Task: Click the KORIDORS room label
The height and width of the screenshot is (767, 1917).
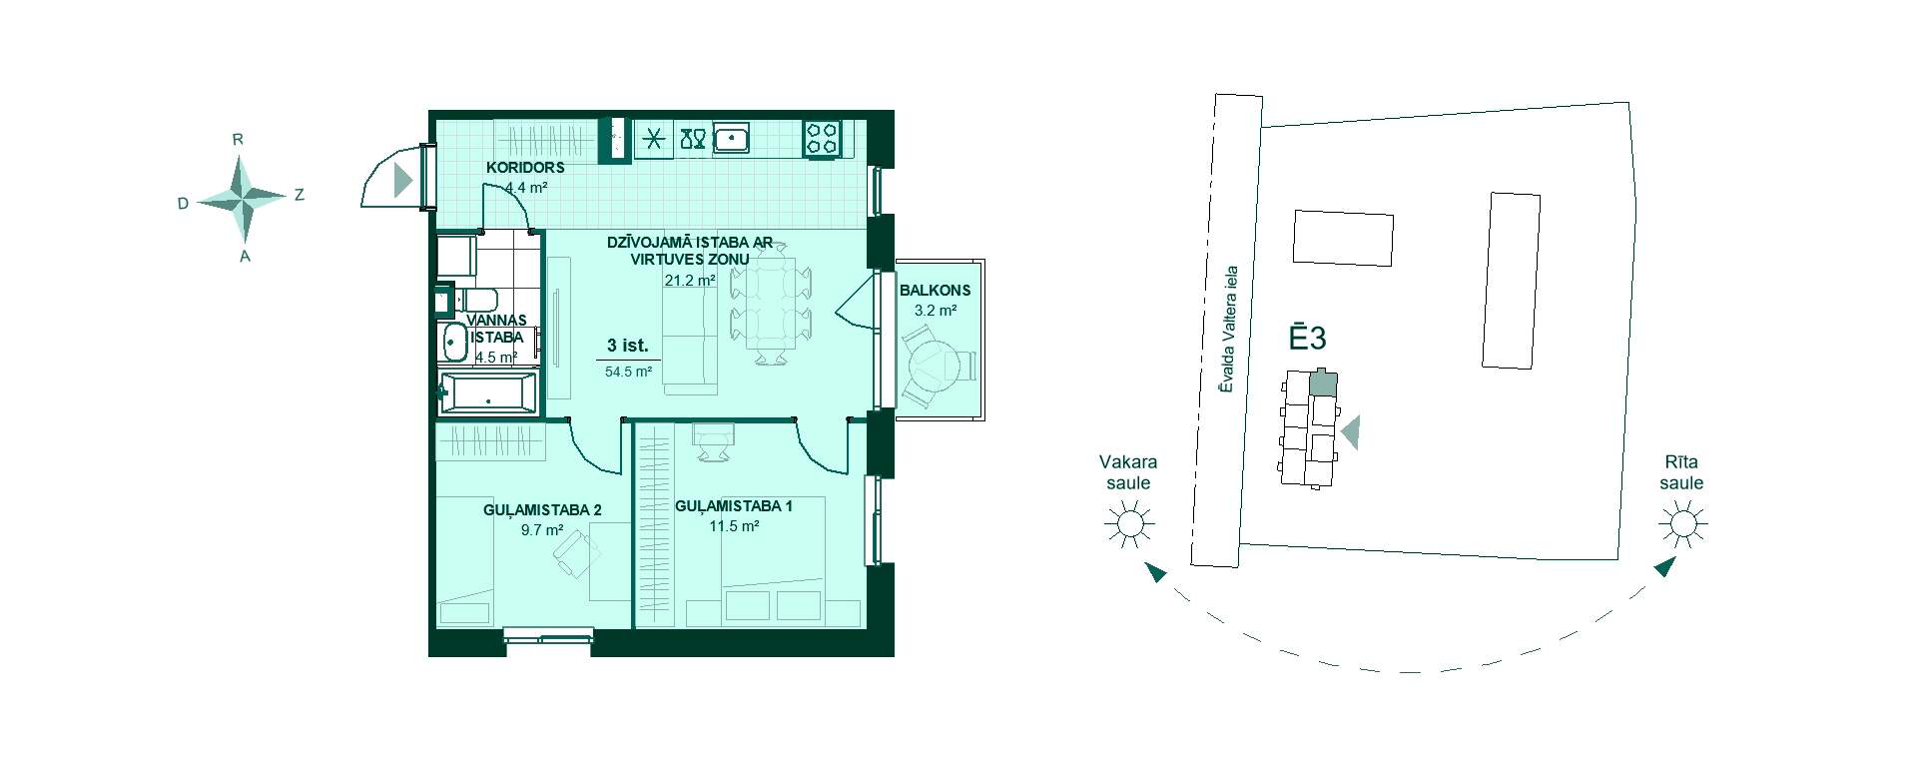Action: point(526,167)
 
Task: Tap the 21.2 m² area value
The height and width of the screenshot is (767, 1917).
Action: point(690,281)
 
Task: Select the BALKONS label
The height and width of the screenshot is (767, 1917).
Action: point(936,291)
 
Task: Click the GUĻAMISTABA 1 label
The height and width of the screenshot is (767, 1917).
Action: point(734,506)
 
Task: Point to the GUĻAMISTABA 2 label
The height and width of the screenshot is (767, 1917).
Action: point(542,510)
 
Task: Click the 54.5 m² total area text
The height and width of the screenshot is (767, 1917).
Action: point(628,372)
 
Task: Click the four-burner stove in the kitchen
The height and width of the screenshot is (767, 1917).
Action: point(823,138)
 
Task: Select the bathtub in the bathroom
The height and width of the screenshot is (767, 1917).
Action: point(489,392)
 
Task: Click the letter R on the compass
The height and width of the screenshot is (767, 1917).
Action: point(238,140)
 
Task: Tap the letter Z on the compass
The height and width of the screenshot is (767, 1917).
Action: point(299,195)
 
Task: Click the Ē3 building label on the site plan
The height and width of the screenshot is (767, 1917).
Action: point(1306,339)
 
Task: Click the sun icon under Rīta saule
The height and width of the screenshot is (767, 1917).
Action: point(1682,523)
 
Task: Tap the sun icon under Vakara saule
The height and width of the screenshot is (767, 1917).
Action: point(1129,523)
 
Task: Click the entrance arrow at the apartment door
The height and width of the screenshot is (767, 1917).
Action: point(402,180)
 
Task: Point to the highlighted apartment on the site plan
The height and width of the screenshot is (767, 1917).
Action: point(1323,383)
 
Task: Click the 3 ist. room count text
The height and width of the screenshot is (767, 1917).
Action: point(628,347)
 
